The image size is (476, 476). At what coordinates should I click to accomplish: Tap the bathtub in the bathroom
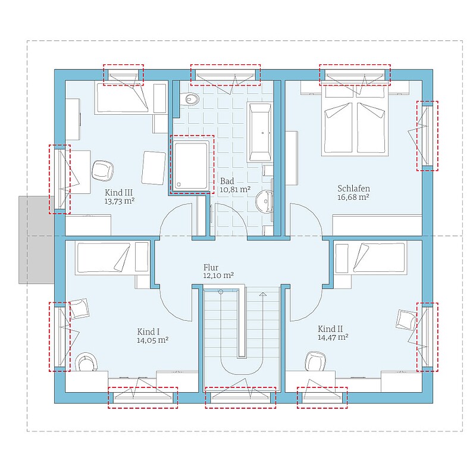coord(260,131)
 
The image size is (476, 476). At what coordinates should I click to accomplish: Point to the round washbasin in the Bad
coord(265,201)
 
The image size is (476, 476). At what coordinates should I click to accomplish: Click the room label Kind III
coord(118,192)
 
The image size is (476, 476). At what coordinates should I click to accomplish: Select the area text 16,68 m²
coord(353,197)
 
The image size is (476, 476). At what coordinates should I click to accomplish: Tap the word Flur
coord(211,267)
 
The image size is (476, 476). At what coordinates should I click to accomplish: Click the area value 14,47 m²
coord(333,337)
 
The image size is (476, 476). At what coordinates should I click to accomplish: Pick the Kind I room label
coord(148,332)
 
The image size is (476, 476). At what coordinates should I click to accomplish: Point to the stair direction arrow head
coord(263,294)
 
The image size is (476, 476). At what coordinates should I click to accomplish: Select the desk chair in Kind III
coord(102,171)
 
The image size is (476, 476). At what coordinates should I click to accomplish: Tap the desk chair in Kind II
coord(316,361)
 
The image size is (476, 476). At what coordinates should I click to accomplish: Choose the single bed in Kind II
coord(370,258)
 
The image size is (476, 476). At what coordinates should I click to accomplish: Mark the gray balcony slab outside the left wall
coord(36,240)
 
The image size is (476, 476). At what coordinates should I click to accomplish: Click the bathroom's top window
coord(226,75)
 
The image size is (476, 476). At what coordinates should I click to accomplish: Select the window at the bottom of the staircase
coord(240,397)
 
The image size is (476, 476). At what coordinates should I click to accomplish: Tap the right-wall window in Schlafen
coord(427,136)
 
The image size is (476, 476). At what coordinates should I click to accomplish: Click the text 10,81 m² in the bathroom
coord(235,190)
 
